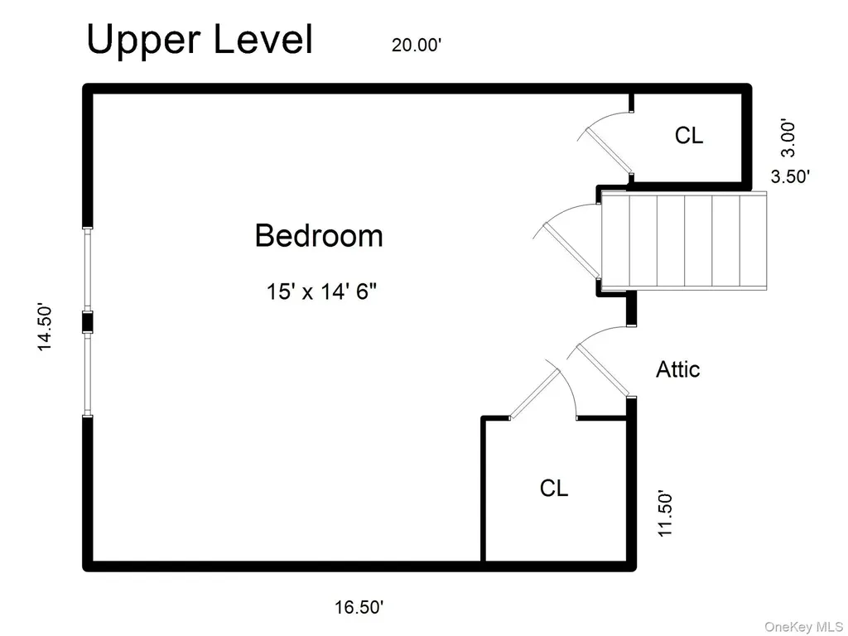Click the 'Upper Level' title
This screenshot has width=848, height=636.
pos(200,40)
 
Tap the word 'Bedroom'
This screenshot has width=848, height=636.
pos(319,236)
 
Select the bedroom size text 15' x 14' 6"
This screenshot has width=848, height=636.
pos(321,292)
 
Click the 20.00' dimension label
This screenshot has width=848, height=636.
pos(417,45)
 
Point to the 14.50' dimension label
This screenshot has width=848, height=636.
pos(45,328)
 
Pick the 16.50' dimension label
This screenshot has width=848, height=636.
pos(359,607)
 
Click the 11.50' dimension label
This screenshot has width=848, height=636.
pos(665,513)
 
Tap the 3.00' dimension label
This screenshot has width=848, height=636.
pos(789,139)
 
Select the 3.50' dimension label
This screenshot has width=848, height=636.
pos(790,176)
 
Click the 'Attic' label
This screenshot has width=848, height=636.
pos(677,369)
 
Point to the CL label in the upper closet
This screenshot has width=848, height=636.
pos(689,135)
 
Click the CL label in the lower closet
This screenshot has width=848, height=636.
pos(554,488)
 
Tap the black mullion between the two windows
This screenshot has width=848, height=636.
pos(87,322)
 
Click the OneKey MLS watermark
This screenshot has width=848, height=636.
pos(803,626)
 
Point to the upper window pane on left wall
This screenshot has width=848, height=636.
pos(87,269)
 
